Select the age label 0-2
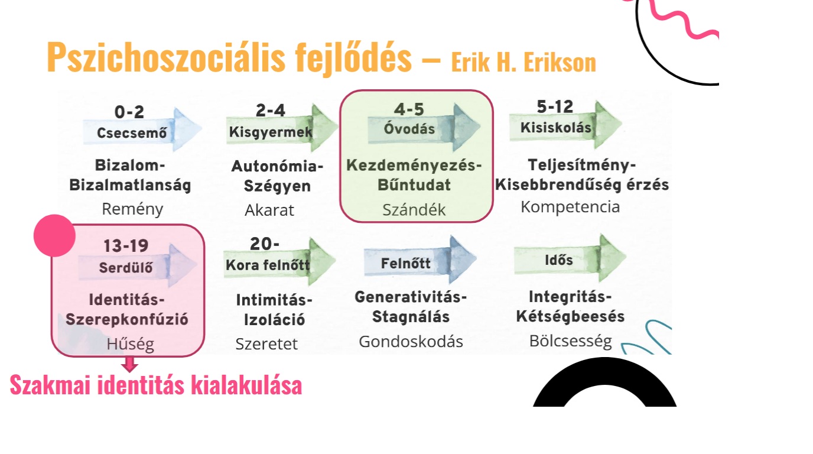coord(129,112)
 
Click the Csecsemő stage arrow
coord(142,129)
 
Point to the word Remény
coord(132,210)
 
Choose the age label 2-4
coord(271,111)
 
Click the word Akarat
coord(269,210)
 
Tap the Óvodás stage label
coord(409,128)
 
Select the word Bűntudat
coord(414,185)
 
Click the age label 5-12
coord(555,107)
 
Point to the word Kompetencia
coord(570,207)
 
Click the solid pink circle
coord(54,235)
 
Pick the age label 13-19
coord(126,246)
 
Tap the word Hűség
coord(131,344)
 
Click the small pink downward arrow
coord(129,364)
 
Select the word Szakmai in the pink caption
coord(50,385)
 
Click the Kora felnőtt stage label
coord(268,265)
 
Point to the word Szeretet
coord(266,344)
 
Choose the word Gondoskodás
coord(411,342)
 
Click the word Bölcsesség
coord(571,342)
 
